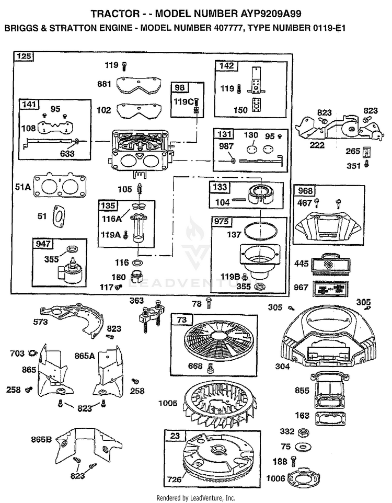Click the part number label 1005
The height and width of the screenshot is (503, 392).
click(x=168, y=403)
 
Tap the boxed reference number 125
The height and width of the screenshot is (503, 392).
click(x=24, y=56)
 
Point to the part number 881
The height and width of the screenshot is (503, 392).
click(x=104, y=84)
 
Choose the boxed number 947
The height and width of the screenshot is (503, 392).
click(x=43, y=244)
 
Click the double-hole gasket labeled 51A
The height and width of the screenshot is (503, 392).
click(x=60, y=186)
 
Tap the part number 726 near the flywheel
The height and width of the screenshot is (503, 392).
click(x=174, y=479)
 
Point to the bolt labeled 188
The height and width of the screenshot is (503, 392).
click(x=293, y=461)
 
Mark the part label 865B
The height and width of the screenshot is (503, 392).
click(x=41, y=439)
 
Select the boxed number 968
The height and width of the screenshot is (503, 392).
click(x=305, y=190)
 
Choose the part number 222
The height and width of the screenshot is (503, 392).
click(x=317, y=145)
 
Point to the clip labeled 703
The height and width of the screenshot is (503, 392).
click(x=32, y=353)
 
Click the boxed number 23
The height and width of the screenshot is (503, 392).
click(x=175, y=436)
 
